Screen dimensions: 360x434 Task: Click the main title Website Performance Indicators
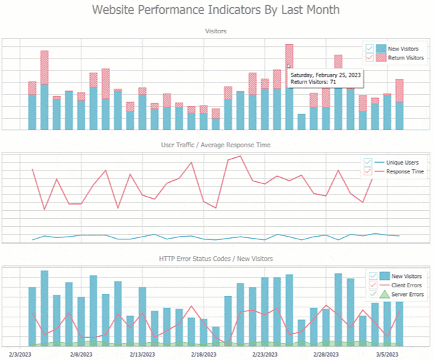[216, 10]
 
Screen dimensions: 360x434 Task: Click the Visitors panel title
[215, 31]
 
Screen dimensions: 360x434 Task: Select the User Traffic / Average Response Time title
[215, 145]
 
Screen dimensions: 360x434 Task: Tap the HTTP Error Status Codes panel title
[215, 258]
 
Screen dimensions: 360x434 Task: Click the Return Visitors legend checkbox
[370, 58]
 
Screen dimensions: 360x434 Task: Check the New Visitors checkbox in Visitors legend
[370, 49]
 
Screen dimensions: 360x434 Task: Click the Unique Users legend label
[405, 162]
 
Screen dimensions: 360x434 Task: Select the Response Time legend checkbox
[370, 171]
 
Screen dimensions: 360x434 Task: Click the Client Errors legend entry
[407, 285]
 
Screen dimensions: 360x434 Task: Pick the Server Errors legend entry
[407, 294]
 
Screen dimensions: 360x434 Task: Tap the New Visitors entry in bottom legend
[407, 275]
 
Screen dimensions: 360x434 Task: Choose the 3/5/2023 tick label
[387, 354]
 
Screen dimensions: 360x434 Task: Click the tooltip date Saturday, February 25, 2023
[325, 75]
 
